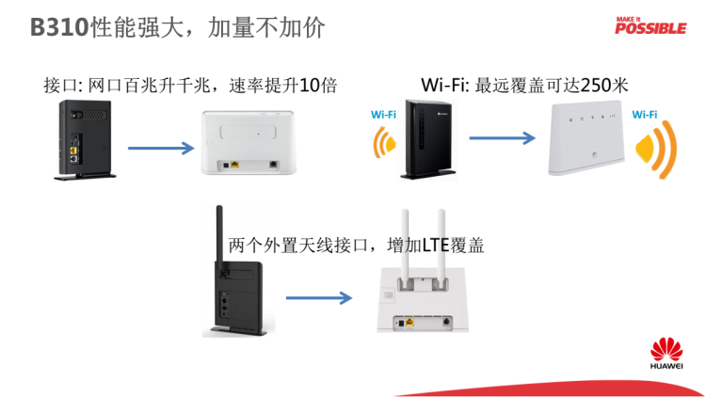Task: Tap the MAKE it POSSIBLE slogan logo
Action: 650,25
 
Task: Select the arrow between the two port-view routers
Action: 161,148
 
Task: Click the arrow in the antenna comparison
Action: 318,299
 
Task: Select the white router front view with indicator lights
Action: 587,138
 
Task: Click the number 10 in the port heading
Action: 308,86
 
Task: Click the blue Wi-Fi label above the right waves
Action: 645,115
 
